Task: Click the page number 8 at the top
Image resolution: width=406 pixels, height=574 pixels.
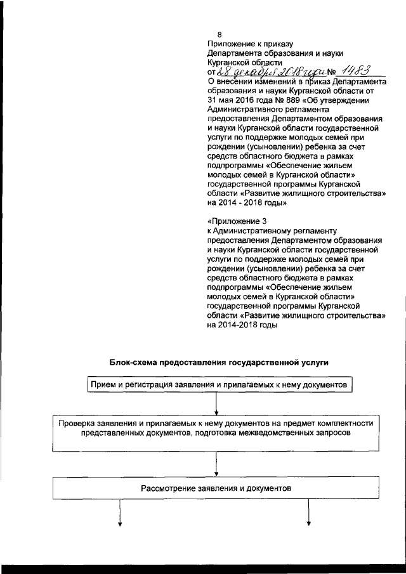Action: tap(219, 34)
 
